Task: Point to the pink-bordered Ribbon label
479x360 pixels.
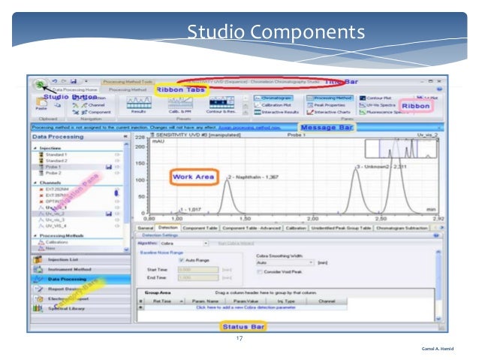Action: tap(415, 107)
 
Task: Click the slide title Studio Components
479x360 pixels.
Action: tap(276, 32)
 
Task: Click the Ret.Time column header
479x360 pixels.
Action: tap(161, 301)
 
